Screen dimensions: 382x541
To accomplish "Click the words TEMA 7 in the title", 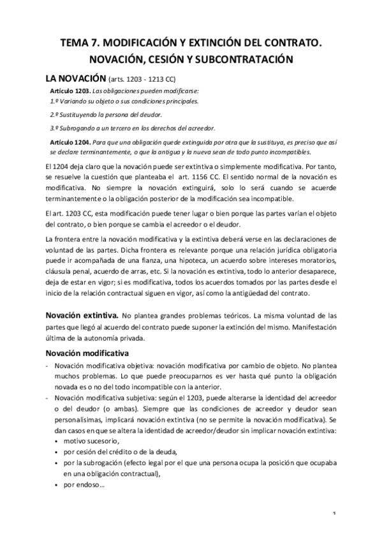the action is tap(80, 43).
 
